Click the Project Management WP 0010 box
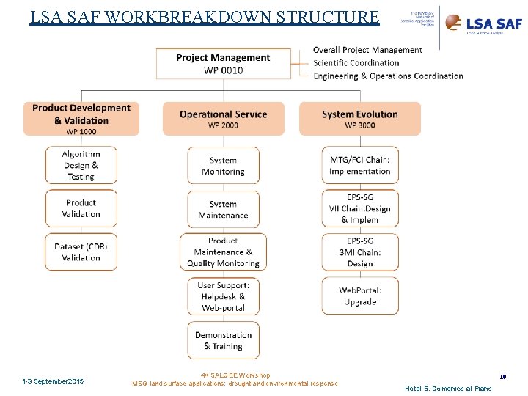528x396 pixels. [x=223, y=64]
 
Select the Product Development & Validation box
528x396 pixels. [x=81, y=119]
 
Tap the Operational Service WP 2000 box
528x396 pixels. [x=223, y=119]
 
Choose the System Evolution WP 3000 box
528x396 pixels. [x=359, y=119]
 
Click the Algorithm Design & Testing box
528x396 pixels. [x=81, y=165]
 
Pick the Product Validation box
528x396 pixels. [x=81, y=208]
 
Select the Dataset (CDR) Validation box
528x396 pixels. [x=81, y=252]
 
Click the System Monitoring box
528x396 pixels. [x=223, y=166]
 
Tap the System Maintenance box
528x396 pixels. [x=223, y=209]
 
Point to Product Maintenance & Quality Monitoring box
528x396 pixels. [x=223, y=252]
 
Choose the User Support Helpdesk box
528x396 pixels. [x=223, y=296]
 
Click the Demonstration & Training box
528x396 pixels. [x=223, y=340]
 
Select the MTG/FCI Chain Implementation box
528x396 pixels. [x=359, y=166]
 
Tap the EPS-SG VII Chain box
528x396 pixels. [x=359, y=208]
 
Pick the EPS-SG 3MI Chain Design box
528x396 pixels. [x=359, y=252]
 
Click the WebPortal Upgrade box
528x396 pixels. [x=359, y=296]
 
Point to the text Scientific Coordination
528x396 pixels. [x=356, y=63]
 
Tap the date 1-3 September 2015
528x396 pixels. [x=53, y=381]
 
